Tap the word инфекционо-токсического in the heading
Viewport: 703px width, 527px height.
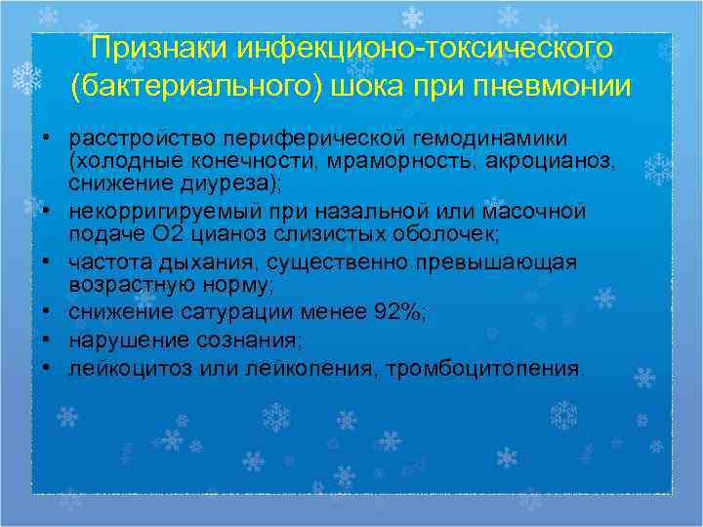pyautogui.click(x=423, y=48)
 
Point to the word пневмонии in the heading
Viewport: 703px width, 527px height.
pyautogui.click(x=548, y=87)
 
